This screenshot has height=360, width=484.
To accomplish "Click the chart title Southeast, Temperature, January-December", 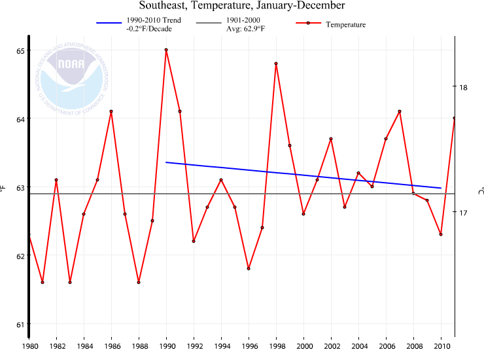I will click(x=242, y=6).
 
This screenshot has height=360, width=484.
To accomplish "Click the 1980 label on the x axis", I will click(x=29, y=346).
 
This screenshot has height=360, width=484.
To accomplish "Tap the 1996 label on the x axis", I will click(x=249, y=346).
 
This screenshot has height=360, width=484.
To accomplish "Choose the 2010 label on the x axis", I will click(x=441, y=346).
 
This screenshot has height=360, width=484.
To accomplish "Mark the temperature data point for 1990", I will click(x=166, y=50).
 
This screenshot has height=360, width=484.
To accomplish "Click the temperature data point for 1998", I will click(x=276, y=63).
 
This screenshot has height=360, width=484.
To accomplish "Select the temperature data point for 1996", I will click(x=249, y=268).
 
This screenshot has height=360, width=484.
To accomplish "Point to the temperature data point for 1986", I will click(x=111, y=111).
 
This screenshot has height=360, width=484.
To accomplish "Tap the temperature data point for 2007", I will click(x=400, y=111).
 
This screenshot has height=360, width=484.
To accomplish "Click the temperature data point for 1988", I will click(x=139, y=282).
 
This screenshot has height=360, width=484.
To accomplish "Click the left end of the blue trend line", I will click(x=166, y=162).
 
